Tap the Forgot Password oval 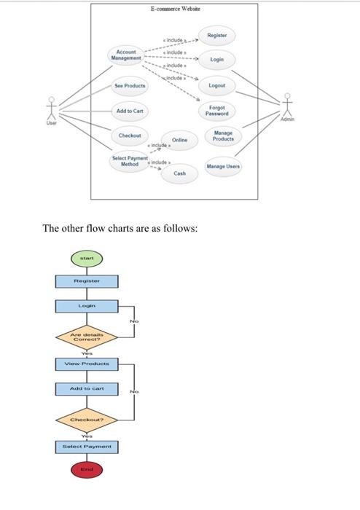[x=216, y=111]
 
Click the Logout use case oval [x=216, y=85]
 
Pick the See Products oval [x=130, y=85]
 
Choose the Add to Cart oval [x=130, y=111]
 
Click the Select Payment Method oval [x=130, y=160]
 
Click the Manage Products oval [x=224, y=136]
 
